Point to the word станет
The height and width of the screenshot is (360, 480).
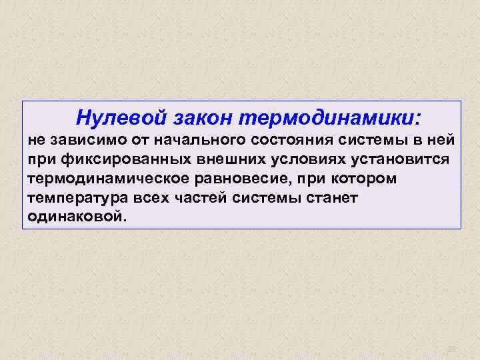pyautogui.click(x=333, y=199)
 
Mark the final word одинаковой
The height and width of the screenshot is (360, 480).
pyautogui.click(x=76, y=217)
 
